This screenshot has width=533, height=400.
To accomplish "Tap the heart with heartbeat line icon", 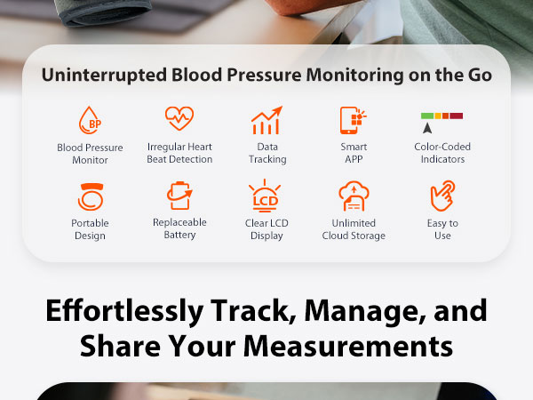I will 179,117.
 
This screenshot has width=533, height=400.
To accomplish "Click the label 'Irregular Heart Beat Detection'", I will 179,153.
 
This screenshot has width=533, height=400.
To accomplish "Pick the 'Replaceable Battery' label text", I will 179,229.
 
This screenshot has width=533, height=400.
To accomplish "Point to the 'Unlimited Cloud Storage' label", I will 354,229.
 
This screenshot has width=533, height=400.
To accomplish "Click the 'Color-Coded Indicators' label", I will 442,153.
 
